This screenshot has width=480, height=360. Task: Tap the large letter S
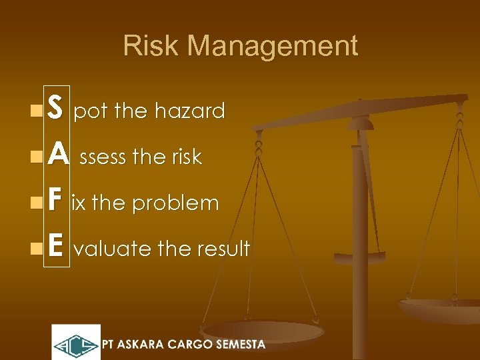56,109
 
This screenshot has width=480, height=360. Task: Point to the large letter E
56,248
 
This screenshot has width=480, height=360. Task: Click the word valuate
113,249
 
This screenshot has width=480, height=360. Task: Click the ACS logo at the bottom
76,343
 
